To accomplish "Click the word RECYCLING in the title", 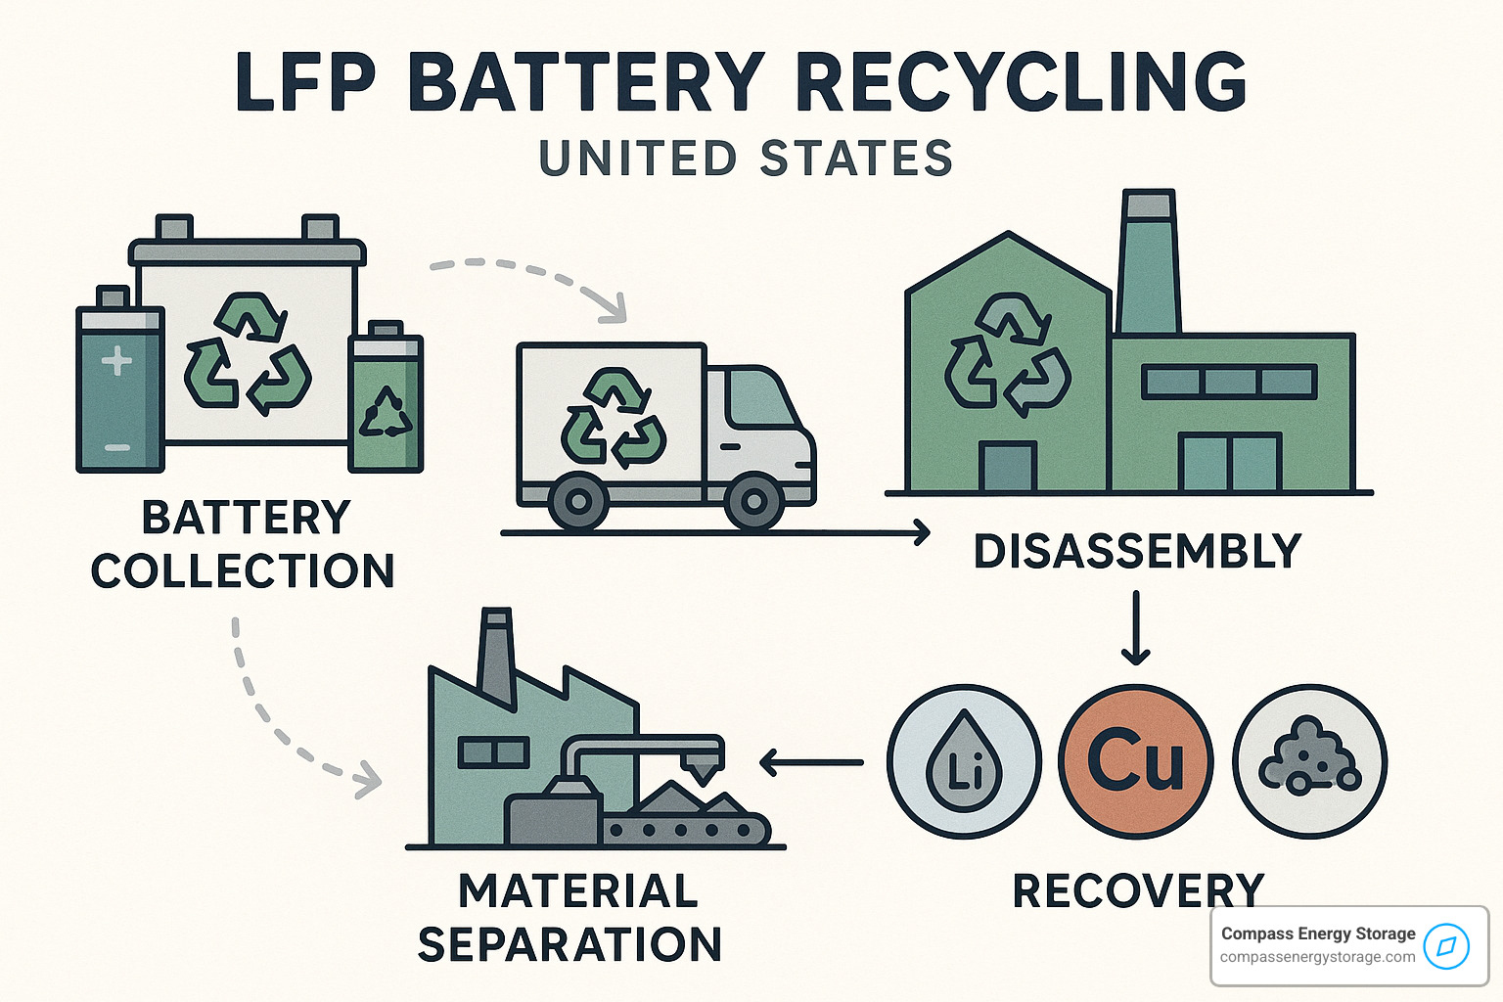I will point(1022,82).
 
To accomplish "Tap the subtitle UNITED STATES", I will point(746,159).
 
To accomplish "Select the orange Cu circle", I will point(1135,761).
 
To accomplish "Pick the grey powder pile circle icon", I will point(1309,761).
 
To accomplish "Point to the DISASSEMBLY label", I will point(1137,552).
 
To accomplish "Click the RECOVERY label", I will point(1138,891).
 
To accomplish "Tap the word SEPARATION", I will point(569,945).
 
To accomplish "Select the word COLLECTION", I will point(243,571).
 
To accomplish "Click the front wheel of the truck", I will point(754,502).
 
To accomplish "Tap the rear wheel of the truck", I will point(578,502).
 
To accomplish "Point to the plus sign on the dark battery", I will point(116,361).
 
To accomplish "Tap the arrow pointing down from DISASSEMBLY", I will point(1135,626).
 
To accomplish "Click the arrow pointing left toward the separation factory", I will point(811,762).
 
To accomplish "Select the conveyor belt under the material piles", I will point(685,831).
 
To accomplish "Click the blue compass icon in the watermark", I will point(1447,946).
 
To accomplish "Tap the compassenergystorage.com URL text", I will point(1317,957).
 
